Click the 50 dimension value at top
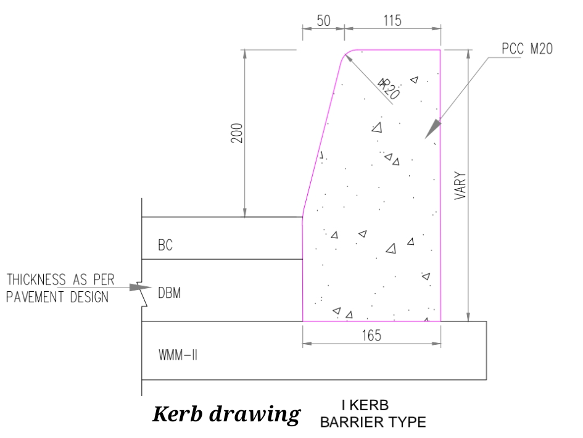point(323,20)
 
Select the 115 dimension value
point(391,20)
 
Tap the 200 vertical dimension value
point(236,133)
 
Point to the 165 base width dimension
point(371,336)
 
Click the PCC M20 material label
point(527,50)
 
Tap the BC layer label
point(165,246)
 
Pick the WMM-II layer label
point(177,355)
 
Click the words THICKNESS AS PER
point(61,281)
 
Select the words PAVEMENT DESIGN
point(57,297)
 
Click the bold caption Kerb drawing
point(226,414)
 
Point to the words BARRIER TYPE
point(372,423)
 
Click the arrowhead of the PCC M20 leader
point(435,125)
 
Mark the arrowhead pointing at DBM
point(143,287)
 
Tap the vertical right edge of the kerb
point(440,185)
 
